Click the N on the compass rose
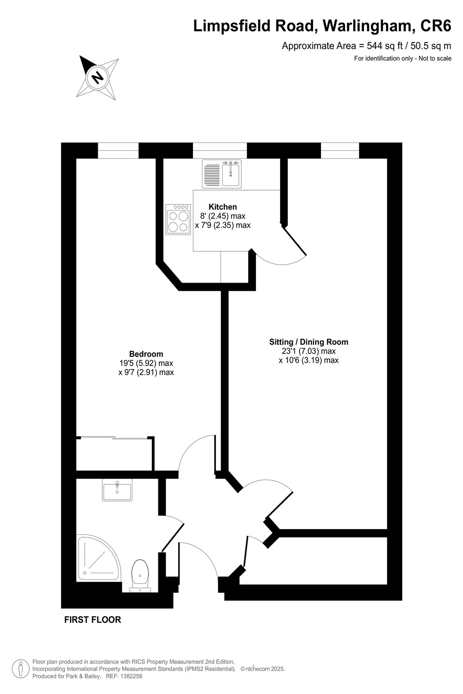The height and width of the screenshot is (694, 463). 98,76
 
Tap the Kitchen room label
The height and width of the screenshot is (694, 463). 223,207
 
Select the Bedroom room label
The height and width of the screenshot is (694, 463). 146,354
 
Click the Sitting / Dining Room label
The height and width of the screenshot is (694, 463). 308,342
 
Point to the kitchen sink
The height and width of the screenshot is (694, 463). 222,174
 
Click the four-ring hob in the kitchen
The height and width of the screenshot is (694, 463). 178,219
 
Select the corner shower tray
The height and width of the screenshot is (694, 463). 98,557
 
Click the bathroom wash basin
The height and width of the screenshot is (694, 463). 117,490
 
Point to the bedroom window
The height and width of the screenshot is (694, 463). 118,150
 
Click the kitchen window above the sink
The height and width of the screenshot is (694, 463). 220,150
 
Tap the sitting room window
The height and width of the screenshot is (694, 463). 340,150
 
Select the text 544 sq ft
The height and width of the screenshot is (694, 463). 385,46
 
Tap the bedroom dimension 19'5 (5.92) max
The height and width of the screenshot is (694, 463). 146,363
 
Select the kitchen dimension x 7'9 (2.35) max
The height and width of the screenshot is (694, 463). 223,225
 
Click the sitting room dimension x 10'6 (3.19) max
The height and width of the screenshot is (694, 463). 308,360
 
